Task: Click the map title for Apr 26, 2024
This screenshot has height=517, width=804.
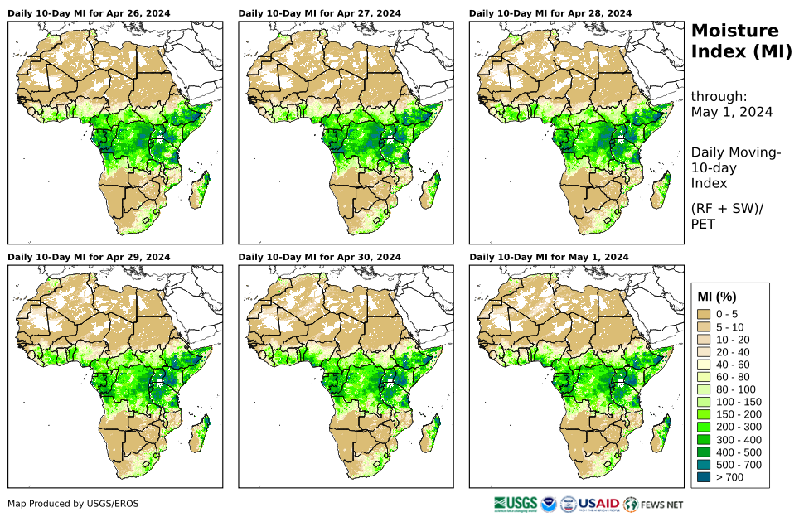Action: (89, 13)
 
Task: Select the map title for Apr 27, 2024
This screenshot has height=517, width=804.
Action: (319, 13)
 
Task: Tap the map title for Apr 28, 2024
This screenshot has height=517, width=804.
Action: (550, 13)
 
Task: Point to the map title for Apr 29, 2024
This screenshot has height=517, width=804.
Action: (89, 257)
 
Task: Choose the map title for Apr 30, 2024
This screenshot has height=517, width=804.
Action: (319, 257)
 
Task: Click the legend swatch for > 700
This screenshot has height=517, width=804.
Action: (705, 477)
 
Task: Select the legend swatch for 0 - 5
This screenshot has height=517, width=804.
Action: (705, 314)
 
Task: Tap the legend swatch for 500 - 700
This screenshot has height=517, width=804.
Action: (705, 465)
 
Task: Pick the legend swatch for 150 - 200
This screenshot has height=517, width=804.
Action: (705, 414)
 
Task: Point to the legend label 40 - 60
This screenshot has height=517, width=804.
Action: (732, 365)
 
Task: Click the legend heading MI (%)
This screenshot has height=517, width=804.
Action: (717, 297)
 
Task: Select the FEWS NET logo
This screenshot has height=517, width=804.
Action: (654, 504)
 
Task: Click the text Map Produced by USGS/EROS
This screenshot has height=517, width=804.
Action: (73, 504)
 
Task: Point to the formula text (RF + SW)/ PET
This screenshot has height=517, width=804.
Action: (726, 215)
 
